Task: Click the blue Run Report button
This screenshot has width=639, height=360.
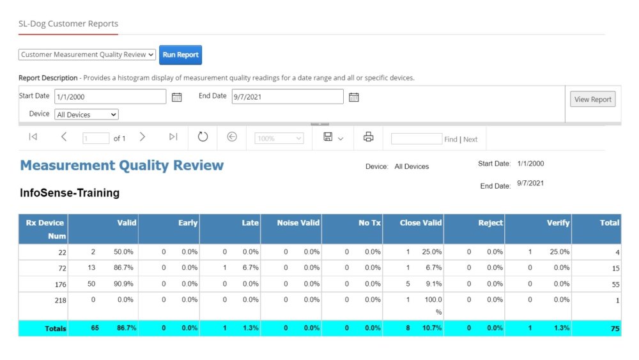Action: (x=180, y=55)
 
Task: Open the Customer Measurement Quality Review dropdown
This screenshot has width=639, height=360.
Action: (x=87, y=55)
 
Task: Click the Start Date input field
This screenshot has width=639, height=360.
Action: (x=110, y=97)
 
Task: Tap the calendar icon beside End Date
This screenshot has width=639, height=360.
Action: (x=353, y=97)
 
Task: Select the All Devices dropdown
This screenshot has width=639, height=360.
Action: (x=86, y=115)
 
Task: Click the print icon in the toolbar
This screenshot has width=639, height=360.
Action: (x=368, y=137)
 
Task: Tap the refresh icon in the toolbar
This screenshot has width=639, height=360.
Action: (x=203, y=137)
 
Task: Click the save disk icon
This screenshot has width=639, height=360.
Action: (x=328, y=137)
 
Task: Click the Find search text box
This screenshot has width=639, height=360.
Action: (x=416, y=139)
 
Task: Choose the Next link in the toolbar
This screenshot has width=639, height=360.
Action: (x=470, y=139)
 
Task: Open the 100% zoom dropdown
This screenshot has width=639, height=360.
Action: (x=279, y=138)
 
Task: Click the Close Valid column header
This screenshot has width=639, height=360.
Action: (x=420, y=223)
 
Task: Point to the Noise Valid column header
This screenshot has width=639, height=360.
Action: (x=298, y=223)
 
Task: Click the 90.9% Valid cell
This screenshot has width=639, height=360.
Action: (x=124, y=284)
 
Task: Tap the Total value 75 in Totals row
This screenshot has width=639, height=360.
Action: (x=614, y=329)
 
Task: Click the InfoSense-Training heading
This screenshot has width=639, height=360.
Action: (x=70, y=192)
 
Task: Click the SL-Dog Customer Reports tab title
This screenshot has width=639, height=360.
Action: (x=68, y=24)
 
